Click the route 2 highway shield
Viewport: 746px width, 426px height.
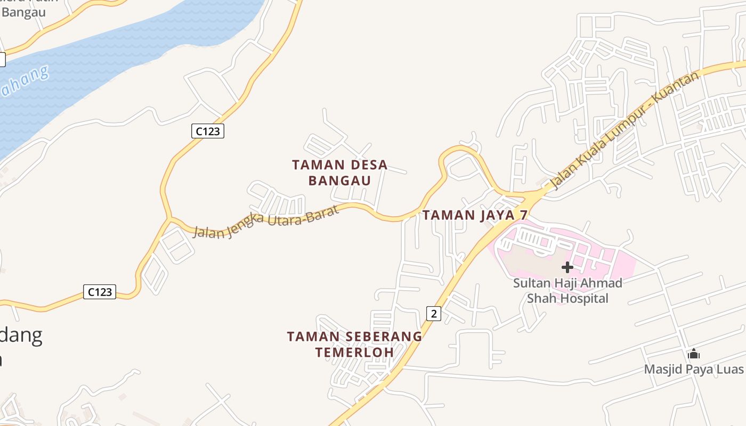pos(434,314)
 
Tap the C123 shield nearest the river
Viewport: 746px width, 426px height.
pos(207,131)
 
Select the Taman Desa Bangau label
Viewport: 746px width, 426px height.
pos(339,173)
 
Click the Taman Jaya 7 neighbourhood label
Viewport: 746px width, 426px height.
pos(475,215)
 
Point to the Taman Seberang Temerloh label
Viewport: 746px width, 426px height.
pos(354,344)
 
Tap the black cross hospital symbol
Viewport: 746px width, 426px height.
pos(567,267)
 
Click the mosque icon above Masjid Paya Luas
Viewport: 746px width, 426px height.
pos(693,354)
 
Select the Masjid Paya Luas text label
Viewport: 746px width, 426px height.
pos(693,369)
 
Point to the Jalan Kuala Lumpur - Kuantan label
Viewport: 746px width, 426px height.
pos(623,131)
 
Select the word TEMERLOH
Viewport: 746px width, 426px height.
pos(354,352)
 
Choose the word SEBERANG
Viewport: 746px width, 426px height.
pos(383,337)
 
